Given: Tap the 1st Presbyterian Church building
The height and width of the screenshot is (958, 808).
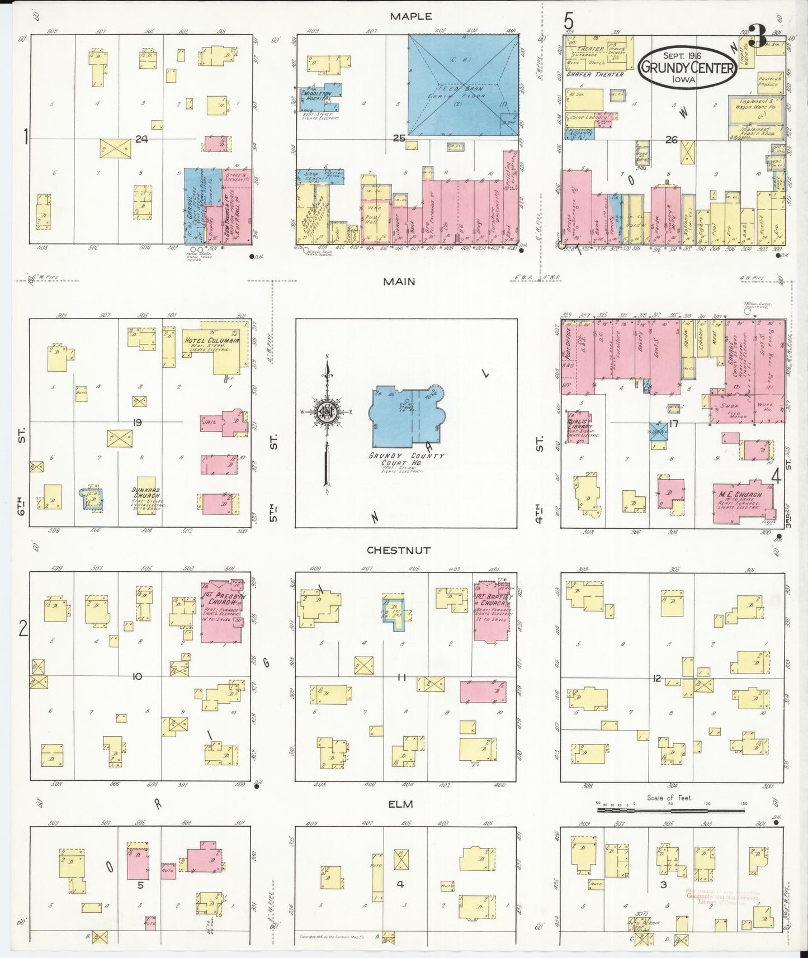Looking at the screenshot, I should (x=221, y=612).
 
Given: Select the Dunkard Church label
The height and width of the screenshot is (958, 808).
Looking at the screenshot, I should (x=146, y=492).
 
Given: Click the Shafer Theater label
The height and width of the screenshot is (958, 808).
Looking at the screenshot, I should (x=594, y=74).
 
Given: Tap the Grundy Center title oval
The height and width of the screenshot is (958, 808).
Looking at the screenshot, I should (x=687, y=66).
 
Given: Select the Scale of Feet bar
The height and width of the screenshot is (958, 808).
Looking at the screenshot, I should (x=670, y=808).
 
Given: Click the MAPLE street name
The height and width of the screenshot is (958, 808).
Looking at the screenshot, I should (x=411, y=17).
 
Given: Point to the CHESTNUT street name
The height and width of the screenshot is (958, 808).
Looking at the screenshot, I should (x=399, y=550).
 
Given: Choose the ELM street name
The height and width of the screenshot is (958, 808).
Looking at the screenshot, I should (x=400, y=804).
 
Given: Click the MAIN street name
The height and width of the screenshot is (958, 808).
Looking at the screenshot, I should (x=399, y=281).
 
